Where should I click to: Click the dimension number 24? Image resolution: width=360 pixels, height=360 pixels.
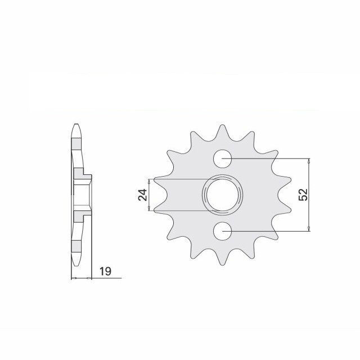[142, 195]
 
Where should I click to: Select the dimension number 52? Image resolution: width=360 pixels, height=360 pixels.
[303, 195]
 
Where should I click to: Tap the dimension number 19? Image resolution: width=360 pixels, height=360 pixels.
[105, 272]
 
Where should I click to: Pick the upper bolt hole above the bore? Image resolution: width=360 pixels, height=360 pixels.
[223, 159]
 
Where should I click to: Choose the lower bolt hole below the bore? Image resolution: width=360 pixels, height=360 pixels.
[223, 231]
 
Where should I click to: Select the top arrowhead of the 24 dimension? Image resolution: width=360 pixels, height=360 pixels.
[149, 182]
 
